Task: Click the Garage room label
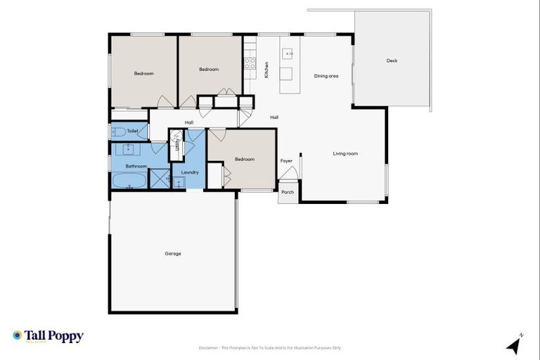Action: (x=173, y=253)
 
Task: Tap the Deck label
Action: (x=392, y=61)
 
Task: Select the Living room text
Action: (x=345, y=153)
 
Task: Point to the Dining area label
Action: (x=326, y=76)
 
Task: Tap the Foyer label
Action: (x=286, y=161)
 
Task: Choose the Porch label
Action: (x=288, y=192)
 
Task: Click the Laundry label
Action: (x=190, y=172)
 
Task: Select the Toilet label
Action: (x=133, y=131)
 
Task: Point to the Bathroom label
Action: (x=136, y=166)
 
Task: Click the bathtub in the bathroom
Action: (x=129, y=181)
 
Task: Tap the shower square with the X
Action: (x=160, y=179)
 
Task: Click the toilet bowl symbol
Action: (x=117, y=131)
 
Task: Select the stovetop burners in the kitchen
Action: (x=249, y=67)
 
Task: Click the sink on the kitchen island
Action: (x=288, y=53)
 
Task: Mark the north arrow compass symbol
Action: (x=515, y=345)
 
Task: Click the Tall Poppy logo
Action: (x=48, y=336)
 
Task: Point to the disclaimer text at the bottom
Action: (x=270, y=348)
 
